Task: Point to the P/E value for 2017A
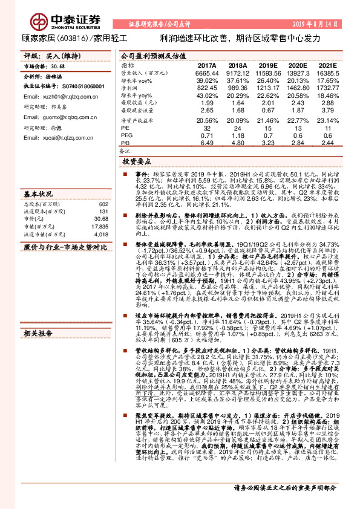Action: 207,129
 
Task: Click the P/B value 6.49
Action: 207,143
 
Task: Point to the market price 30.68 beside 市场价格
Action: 59,66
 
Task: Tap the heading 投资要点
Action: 137,162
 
